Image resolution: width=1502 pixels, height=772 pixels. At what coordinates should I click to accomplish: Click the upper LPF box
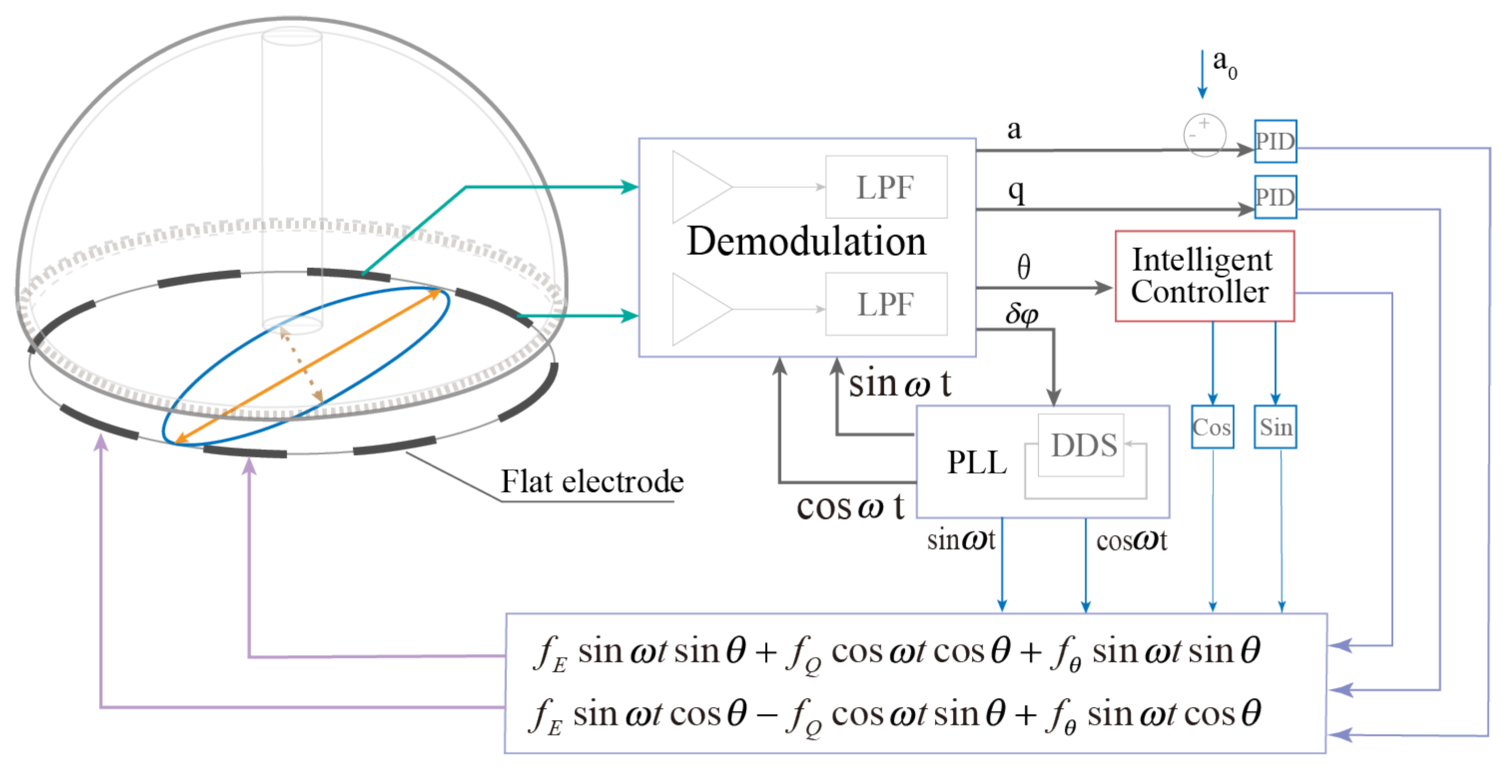(886, 187)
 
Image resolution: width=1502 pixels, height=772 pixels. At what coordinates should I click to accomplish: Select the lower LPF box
(886, 304)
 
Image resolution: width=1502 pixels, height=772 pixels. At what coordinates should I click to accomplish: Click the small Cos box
(1212, 427)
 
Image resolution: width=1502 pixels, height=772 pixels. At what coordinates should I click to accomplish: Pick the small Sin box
(1275, 427)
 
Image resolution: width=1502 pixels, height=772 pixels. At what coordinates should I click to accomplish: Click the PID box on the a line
(1275, 141)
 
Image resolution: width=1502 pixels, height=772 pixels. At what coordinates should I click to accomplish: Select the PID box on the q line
(1275, 197)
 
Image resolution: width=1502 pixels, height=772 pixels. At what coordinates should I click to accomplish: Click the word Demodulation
(806, 242)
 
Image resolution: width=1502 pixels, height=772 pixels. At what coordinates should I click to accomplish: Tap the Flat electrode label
(592, 482)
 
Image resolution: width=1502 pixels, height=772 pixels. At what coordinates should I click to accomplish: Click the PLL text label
(977, 462)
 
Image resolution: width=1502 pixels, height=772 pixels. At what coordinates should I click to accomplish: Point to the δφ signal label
(1021, 314)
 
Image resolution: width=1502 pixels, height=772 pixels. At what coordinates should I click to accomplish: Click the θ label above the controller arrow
(1023, 267)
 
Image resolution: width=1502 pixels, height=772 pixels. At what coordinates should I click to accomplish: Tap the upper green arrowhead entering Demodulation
(631, 186)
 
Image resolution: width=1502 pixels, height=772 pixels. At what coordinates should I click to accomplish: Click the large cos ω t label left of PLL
(849, 506)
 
